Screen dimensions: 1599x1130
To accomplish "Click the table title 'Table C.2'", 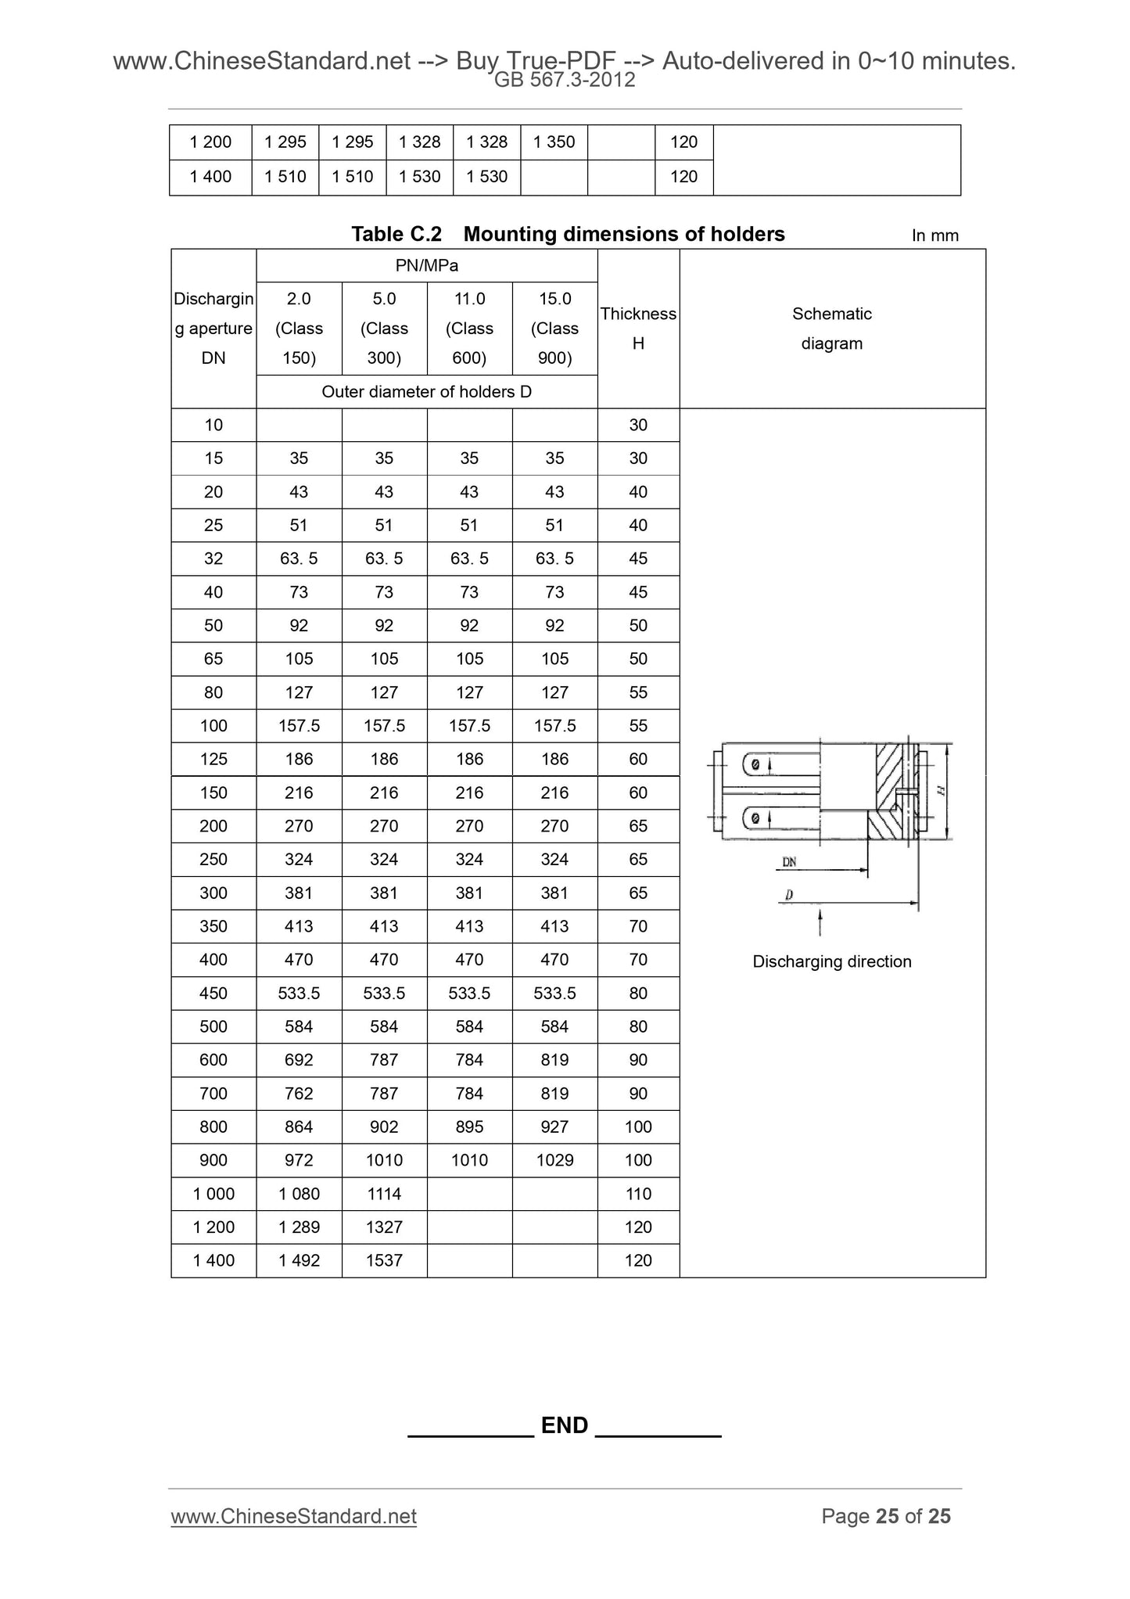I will (x=396, y=234).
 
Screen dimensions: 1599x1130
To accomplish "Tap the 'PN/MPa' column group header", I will (x=426, y=266).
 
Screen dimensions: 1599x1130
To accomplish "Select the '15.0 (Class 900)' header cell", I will (x=554, y=329).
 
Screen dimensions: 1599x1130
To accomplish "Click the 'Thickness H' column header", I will (x=638, y=329).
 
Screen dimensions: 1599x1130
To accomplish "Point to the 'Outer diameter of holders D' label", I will (x=426, y=392).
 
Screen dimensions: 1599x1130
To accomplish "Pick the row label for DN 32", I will (x=213, y=559).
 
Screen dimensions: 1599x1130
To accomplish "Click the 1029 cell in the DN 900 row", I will (x=554, y=1160).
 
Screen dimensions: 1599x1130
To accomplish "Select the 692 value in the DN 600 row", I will (x=299, y=1060).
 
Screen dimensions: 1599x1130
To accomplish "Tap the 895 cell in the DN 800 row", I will (x=469, y=1126).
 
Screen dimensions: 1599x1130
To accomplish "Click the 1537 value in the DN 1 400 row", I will (x=384, y=1260).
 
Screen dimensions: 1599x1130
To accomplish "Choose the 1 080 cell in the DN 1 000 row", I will (x=299, y=1194).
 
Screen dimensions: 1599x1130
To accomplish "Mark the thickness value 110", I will (x=638, y=1194).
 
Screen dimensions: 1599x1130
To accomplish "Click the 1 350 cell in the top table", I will (x=554, y=142).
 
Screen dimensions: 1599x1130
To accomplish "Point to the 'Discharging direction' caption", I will (x=832, y=961).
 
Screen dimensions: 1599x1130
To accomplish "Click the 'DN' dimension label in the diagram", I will (x=789, y=862).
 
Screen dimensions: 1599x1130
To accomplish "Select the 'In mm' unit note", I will (x=934, y=235).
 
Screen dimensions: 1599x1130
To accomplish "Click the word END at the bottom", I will (x=565, y=1425).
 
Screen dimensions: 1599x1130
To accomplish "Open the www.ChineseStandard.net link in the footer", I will (x=293, y=1516).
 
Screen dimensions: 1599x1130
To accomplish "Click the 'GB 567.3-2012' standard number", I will (x=565, y=80).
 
